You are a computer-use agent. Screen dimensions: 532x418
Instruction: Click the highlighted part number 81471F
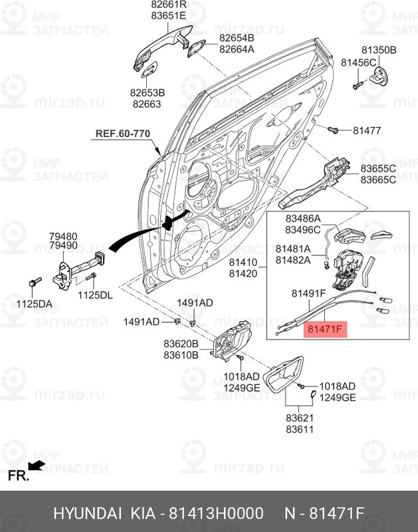pos(324,328)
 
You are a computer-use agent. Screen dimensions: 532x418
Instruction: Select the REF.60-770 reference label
pos(123,133)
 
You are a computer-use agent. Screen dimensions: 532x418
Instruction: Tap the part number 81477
pos(366,130)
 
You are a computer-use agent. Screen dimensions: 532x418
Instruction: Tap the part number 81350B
pos(378,50)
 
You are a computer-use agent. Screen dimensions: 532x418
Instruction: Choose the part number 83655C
pos(378,168)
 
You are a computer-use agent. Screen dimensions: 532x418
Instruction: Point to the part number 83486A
pos(303,218)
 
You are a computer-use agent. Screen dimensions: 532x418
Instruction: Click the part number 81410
pos(243,262)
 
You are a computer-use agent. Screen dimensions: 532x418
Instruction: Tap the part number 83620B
pos(181,344)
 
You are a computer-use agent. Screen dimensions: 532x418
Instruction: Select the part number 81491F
pos(308,293)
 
